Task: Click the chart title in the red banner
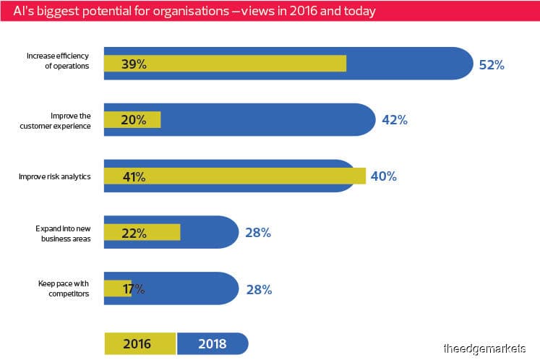[194, 11]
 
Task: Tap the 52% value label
[492, 65]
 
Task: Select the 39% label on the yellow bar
[134, 64]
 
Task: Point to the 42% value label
[395, 120]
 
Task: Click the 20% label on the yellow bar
[134, 120]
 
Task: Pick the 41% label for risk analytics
[134, 176]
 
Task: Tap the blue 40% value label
[384, 176]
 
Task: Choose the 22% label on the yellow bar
[134, 233]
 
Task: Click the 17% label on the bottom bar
[134, 289]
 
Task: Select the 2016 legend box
[140, 343]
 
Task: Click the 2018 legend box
[213, 343]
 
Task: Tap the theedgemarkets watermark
[484, 348]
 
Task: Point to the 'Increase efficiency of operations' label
[58, 61]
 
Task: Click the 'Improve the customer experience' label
[55, 121]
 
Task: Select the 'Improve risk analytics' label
[55, 176]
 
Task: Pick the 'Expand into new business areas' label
[63, 233]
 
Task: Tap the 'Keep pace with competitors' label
[64, 288]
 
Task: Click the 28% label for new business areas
[258, 233]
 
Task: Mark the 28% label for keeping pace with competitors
[259, 289]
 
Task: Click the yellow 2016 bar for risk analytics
[235, 176]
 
